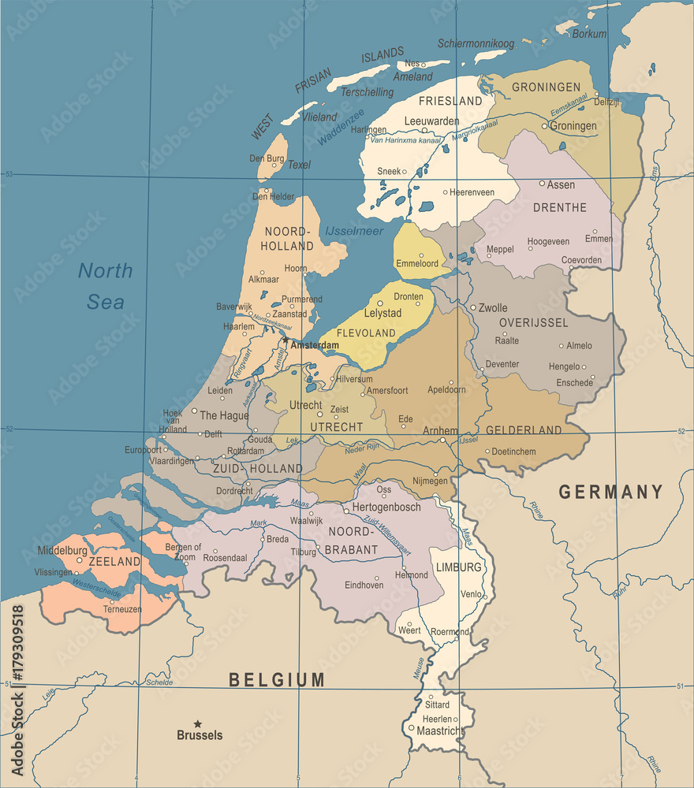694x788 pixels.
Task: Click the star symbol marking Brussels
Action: coord(198,723)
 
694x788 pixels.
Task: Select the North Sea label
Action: coord(105,286)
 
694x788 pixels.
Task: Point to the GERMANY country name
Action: coord(610,492)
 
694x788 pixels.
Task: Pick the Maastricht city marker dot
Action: coord(412,728)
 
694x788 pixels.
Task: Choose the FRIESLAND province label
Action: coord(450,101)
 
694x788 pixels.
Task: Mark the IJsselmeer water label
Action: coord(353,231)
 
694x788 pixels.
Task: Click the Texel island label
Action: coord(299,165)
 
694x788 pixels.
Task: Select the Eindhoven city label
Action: coord(364,585)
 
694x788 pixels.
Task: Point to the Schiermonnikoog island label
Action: coord(476,43)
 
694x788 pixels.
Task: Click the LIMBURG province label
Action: coord(457,567)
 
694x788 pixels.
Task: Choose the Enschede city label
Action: coord(574,383)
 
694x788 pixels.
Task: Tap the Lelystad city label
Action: coord(382,313)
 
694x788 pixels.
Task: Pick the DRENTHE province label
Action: coord(560,208)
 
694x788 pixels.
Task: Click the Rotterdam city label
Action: coord(245,451)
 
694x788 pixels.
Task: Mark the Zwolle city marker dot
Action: coord(473,307)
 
